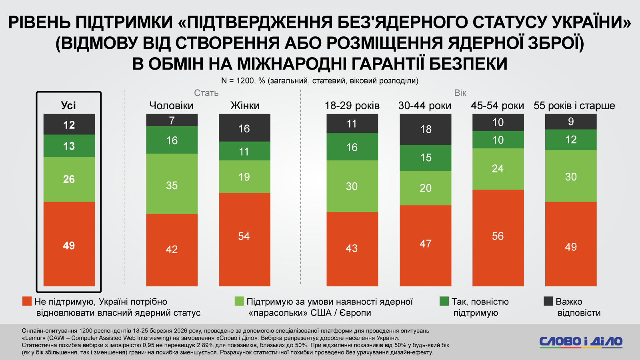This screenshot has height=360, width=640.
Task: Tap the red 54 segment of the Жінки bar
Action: coord(244,239)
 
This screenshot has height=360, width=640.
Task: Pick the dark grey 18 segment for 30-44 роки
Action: coord(426,129)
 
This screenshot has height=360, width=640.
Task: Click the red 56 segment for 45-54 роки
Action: coord(498,238)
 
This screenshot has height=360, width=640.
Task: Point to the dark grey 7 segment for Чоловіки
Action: coord(172,120)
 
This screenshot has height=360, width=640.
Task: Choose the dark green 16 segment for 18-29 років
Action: coord(352,146)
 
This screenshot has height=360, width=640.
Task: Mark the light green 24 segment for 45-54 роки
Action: coord(498,169)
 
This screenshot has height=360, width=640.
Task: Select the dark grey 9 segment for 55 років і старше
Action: coord(571,122)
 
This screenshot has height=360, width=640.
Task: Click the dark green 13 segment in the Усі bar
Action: coord(69,146)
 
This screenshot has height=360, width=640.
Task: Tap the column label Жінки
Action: coord(245,106)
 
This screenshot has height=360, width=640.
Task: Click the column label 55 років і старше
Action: coord(574,106)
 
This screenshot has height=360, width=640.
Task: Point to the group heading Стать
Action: coord(206,93)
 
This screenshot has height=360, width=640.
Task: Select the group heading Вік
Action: coord(460,93)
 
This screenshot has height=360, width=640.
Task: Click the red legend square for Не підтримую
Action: coord(27,301)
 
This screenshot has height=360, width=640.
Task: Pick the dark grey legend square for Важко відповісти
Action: coord(548,301)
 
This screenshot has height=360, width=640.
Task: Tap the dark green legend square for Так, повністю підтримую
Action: coord(444,301)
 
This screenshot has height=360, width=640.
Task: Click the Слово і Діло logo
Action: coord(580,342)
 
